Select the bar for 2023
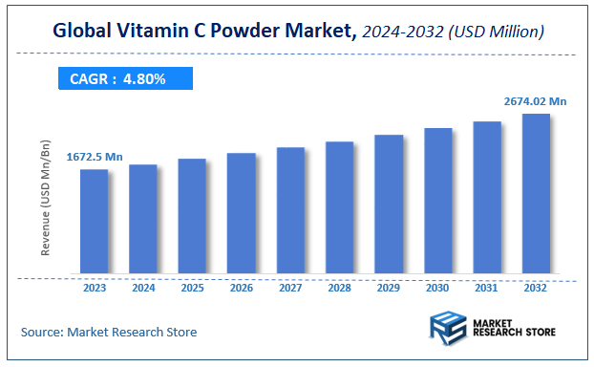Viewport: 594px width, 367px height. [x=94, y=221]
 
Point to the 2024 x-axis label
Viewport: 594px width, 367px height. [x=143, y=287]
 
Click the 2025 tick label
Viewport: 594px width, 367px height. [x=192, y=287]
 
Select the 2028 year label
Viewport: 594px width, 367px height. [x=339, y=287]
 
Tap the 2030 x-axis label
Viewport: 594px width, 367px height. [x=437, y=287]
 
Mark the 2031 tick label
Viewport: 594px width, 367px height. [x=487, y=287]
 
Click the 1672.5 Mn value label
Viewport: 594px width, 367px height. [x=95, y=156]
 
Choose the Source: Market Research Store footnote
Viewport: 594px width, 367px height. [x=109, y=332]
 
